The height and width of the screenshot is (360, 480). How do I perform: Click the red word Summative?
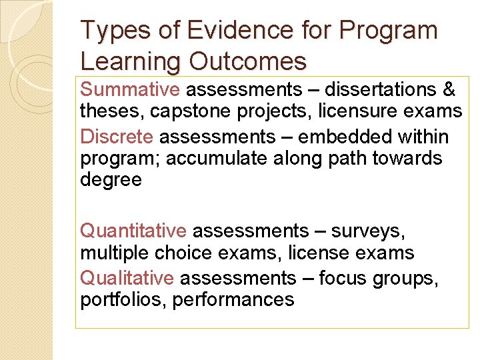pyautogui.click(x=130, y=89)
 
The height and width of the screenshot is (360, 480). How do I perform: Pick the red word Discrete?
pyautogui.click(x=117, y=137)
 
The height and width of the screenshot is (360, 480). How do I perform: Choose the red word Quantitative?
pyautogui.click(x=133, y=231)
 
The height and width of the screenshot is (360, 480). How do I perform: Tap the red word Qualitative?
pyautogui.click(x=127, y=278)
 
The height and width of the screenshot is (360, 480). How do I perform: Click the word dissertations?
pyautogui.click(x=365, y=89)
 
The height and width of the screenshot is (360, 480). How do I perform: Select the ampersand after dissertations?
pyautogui.click(x=449, y=89)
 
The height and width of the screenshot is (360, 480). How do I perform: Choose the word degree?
pyautogui.click(x=111, y=180)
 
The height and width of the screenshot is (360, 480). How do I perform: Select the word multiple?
pyautogui.click(x=114, y=253)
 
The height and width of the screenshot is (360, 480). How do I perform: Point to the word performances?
pyautogui.click(x=233, y=300)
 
